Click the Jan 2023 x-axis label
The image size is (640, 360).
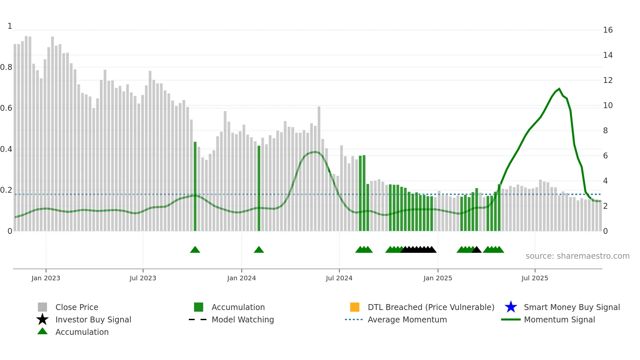pyautogui.click(x=46, y=278)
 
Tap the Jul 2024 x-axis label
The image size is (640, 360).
pyautogui.click(x=339, y=278)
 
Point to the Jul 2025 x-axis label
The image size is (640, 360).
pyautogui.click(x=535, y=278)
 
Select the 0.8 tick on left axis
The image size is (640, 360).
pyautogui.click(x=6, y=67)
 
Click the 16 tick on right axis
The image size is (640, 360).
pyautogui.click(x=608, y=30)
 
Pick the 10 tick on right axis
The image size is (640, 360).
pyautogui.click(x=608, y=106)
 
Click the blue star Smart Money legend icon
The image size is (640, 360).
pyautogui.click(x=511, y=307)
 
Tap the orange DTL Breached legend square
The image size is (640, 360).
pyautogui.click(x=355, y=307)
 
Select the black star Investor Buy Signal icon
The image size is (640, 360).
pyautogui.click(x=42, y=319)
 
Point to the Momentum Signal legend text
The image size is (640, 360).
pyautogui.click(x=559, y=319)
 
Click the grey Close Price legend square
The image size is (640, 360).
pyautogui.click(x=42, y=307)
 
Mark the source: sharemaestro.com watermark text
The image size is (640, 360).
pyautogui.click(x=577, y=256)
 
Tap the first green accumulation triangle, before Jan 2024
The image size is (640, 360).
pyautogui.click(x=195, y=250)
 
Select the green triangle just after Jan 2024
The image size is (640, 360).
pyautogui.click(x=259, y=250)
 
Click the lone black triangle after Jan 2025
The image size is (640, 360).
pyautogui.click(x=476, y=250)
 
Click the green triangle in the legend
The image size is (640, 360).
pyautogui.click(x=42, y=331)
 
